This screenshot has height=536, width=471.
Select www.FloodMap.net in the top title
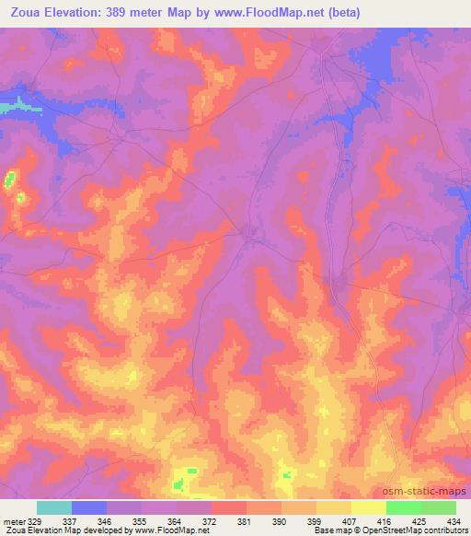pyautogui.click(x=278, y=13)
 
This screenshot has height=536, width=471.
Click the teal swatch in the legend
pyautogui.click(x=54, y=507)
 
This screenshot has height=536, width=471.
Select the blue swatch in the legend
pyautogui.click(x=89, y=507)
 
